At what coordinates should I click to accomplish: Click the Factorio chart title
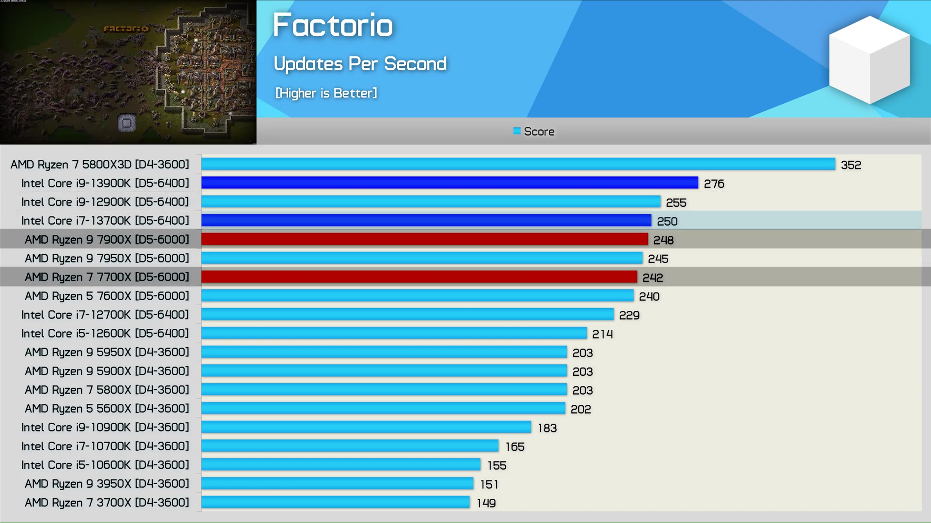[333, 25]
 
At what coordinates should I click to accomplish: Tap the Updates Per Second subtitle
[360, 64]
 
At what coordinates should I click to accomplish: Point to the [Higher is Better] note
[326, 93]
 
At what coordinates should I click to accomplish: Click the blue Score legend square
[517, 131]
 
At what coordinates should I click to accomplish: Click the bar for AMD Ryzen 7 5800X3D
[518, 164]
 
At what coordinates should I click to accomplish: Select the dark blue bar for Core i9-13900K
[449, 183]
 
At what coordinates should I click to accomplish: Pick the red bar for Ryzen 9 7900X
[424, 239]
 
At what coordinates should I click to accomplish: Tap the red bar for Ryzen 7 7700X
[419, 277]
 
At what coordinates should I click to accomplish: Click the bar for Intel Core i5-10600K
[341, 465]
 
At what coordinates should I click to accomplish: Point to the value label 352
[851, 165]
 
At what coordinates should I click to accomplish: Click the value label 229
[629, 315]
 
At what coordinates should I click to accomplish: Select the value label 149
[486, 503]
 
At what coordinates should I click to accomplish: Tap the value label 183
[547, 428]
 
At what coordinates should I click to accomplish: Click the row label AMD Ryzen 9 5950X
[107, 353]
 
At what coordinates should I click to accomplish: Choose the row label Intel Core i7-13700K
[105, 221]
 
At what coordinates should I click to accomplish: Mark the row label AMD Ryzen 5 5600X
[107, 409]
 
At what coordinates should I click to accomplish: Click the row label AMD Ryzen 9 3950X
[107, 484]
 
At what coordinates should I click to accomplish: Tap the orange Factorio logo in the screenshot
[126, 29]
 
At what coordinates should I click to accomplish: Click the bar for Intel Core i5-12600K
[394, 333]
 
